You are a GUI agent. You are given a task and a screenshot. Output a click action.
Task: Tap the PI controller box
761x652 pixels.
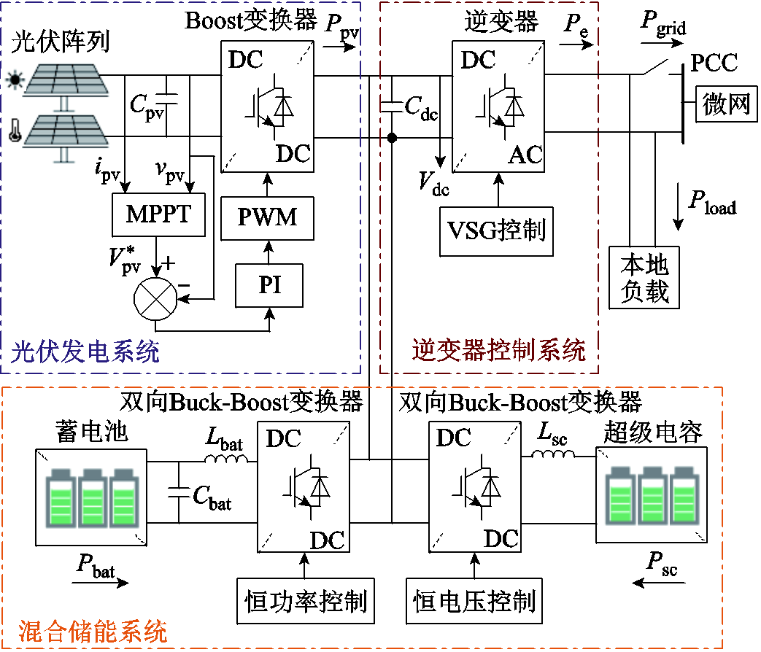[x=269, y=285]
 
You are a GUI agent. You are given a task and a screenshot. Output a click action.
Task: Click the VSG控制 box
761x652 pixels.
[x=495, y=230]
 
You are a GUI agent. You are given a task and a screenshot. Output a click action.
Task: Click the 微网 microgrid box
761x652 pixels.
[x=726, y=104]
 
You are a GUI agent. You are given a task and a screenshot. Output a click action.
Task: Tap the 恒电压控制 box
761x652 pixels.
[x=474, y=601]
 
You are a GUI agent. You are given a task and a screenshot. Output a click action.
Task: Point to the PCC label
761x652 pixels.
[x=714, y=63]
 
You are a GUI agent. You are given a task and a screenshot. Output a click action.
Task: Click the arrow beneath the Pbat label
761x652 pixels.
[x=102, y=582]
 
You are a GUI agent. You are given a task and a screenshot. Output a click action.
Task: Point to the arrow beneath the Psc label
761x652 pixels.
[x=661, y=582]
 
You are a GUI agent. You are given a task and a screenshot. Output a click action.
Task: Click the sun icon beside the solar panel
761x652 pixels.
[x=12, y=79]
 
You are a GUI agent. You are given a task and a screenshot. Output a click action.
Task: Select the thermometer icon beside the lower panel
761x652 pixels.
[x=12, y=132]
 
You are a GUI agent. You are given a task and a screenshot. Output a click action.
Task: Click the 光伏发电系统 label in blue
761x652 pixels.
[x=85, y=354]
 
